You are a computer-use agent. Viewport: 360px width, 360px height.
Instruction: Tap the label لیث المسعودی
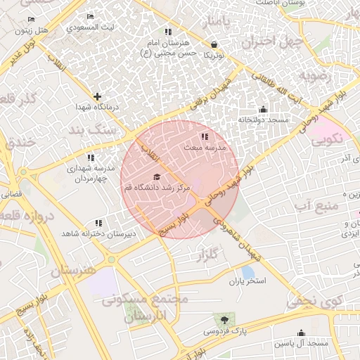[92, 29]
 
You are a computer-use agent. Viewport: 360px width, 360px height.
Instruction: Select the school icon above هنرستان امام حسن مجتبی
[167, 32]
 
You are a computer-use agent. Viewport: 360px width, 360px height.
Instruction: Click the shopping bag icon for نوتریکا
[213, 44]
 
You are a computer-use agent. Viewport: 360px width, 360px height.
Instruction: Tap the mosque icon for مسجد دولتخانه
[263, 109]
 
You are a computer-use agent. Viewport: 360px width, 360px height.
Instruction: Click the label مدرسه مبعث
[205, 148]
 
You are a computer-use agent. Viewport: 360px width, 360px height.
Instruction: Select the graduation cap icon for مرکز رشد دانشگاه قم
[156, 177]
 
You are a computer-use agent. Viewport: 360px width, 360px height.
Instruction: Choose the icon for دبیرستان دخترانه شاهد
[98, 222]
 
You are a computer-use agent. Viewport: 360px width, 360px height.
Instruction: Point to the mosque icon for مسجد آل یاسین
[302, 333]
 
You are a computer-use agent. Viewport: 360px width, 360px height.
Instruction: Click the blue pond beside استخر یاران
[247, 271]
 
